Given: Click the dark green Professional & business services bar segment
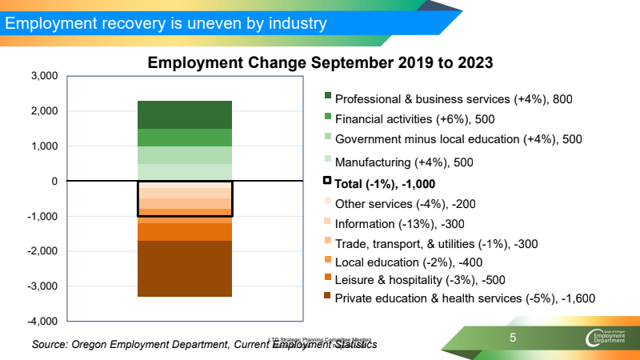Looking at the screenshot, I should [185, 114].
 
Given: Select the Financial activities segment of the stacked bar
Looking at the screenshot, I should [185, 138].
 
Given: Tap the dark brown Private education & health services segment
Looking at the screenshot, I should [185, 269].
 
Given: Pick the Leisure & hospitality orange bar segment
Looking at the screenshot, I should [185, 232].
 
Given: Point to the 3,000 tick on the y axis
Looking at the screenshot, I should [44, 76].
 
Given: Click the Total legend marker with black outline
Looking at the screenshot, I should [327, 182].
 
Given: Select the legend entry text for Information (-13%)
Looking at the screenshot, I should [399, 224].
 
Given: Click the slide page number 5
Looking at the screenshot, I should [513, 338].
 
